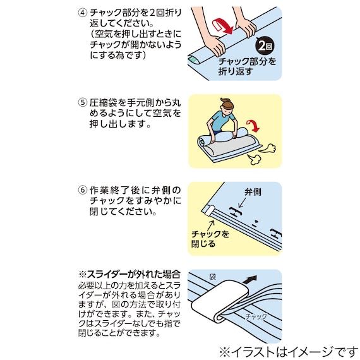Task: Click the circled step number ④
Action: [x=82, y=13]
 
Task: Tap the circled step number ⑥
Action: [x=82, y=189]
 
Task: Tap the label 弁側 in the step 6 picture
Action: [x=253, y=190]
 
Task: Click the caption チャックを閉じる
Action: [x=210, y=239]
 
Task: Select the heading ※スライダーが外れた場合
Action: [x=129, y=275]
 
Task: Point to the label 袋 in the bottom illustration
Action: [x=212, y=277]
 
